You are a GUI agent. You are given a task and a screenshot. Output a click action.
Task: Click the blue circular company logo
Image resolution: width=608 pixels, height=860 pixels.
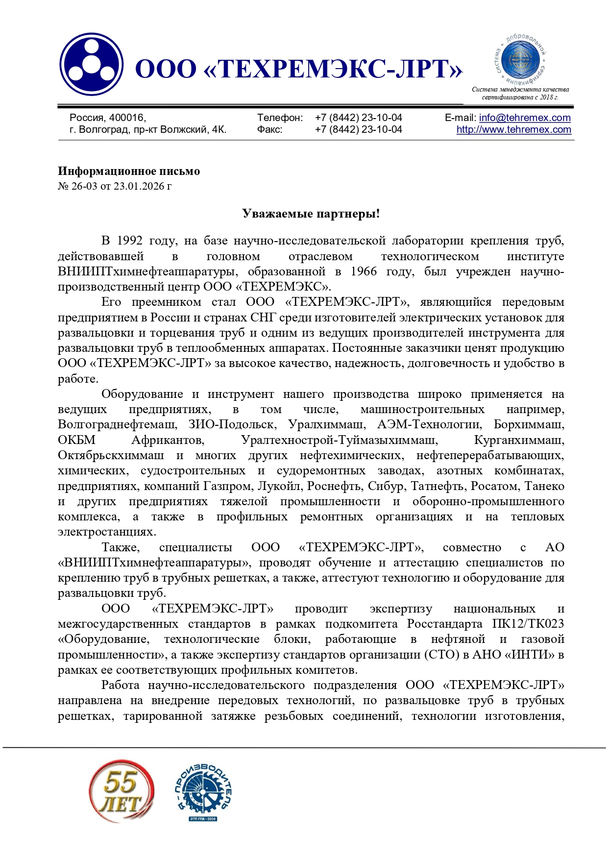tap(91, 64)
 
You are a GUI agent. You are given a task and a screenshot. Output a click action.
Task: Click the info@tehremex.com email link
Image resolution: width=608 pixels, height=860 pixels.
tap(525, 118)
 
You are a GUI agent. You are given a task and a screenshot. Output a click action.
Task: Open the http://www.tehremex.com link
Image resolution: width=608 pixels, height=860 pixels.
tap(513, 129)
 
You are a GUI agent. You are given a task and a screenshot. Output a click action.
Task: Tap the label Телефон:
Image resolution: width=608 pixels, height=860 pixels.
tap(280, 118)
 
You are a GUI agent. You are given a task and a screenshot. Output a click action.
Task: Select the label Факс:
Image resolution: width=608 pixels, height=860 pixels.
tap(269, 129)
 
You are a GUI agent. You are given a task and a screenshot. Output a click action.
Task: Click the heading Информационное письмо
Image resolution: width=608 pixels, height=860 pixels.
tap(128, 171)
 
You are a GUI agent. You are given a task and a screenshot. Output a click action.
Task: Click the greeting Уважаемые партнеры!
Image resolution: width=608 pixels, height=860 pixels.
tap(311, 214)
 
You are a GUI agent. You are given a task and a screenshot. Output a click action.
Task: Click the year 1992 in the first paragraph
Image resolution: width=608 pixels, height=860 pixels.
tap(129, 241)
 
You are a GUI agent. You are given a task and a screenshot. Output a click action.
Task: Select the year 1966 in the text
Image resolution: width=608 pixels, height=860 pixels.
tap(364, 271)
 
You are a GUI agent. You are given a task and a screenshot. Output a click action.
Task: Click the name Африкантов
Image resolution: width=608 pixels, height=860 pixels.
tap(168, 440)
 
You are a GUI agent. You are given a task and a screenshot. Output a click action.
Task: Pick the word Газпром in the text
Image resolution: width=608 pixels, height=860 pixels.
tap(232, 486)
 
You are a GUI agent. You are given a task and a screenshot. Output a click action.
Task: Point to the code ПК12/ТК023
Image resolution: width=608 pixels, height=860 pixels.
tap(528, 624)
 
